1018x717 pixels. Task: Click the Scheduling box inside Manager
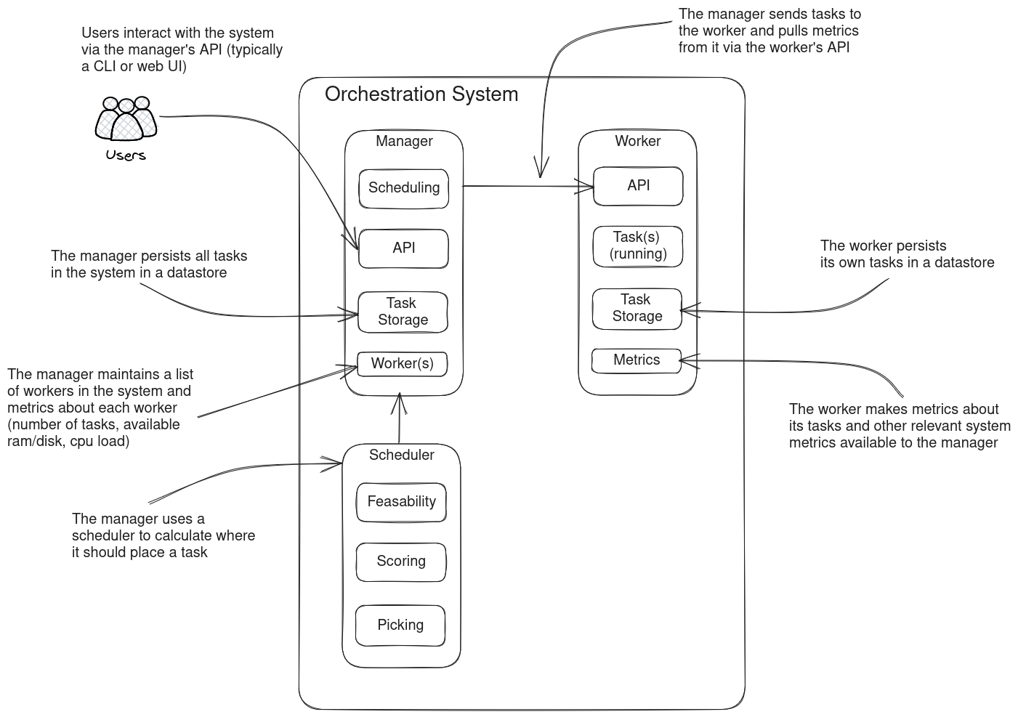point(404,188)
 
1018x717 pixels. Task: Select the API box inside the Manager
point(403,248)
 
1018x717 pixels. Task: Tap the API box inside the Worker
point(638,186)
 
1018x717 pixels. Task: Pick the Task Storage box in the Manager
point(403,312)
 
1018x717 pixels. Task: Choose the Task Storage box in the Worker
point(637,308)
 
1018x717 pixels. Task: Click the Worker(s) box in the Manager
point(402,363)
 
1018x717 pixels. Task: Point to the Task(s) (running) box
point(638,246)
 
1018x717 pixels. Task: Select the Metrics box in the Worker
point(637,360)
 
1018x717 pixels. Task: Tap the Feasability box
point(401,502)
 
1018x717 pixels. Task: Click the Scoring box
point(400,562)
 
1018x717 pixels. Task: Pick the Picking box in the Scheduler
point(400,625)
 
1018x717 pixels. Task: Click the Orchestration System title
point(421,94)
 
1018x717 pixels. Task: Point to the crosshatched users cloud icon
point(127,119)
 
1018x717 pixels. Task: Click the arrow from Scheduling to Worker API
point(527,187)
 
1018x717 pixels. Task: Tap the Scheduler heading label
point(401,455)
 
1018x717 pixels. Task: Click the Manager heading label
point(404,142)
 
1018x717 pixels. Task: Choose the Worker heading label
point(638,142)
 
